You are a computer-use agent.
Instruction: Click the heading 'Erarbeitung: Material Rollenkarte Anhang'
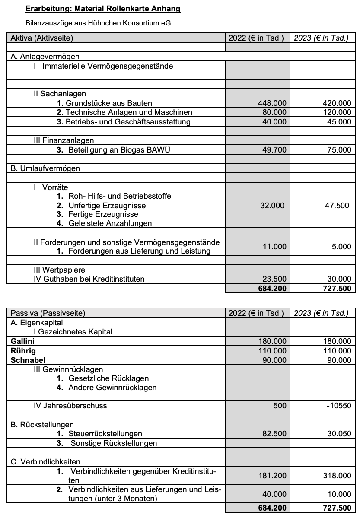(x=103, y=9)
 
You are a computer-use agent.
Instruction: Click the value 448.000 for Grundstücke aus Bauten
(x=272, y=103)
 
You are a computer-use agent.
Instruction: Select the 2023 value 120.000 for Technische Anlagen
(x=337, y=112)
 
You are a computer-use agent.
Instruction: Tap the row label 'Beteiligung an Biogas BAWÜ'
(x=123, y=150)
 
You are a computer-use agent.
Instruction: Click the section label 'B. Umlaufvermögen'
(x=45, y=168)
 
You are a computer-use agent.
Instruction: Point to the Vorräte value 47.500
(x=337, y=206)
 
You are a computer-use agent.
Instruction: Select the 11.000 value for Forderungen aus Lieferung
(x=274, y=247)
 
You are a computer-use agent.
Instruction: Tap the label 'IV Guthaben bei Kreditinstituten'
(x=89, y=279)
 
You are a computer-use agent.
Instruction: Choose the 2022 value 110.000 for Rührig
(x=272, y=350)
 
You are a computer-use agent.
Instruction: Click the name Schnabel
(x=28, y=360)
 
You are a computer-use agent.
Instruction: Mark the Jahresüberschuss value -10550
(x=338, y=406)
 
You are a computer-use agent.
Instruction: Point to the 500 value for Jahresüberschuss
(x=280, y=406)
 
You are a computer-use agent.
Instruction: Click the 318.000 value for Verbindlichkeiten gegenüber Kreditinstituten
(x=337, y=475)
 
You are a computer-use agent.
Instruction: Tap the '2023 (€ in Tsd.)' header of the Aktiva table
(x=321, y=38)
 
